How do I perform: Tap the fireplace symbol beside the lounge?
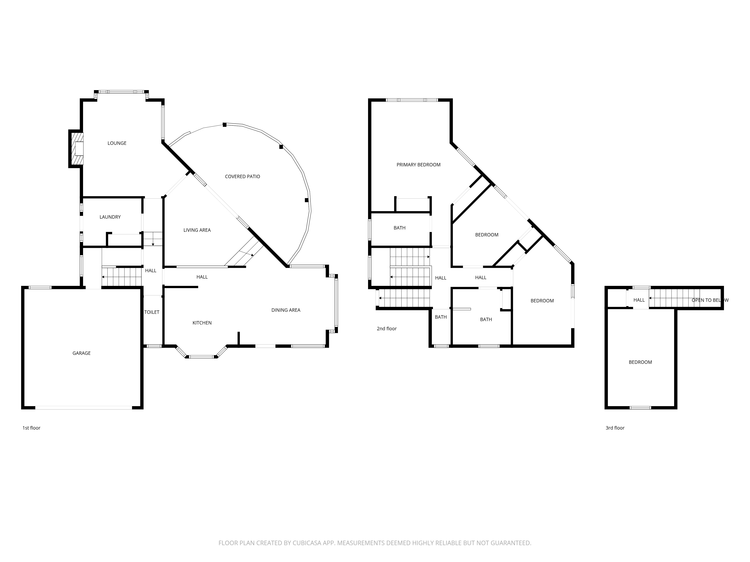77,149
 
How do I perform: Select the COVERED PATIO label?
242,176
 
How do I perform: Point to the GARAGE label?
81,353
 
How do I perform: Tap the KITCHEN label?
202,323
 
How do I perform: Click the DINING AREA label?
286,310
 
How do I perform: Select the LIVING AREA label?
197,230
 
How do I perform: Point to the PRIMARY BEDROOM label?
418,165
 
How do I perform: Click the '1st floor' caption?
31,428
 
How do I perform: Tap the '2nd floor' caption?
386,329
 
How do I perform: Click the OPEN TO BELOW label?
710,300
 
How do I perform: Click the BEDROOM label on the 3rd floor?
640,362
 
